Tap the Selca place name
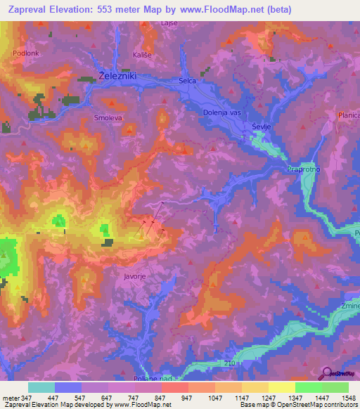pyautogui.click(x=187, y=82)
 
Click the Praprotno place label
pyautogui.click(x=304, y=169)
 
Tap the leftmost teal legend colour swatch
pyautogui.click(x=41, y=387)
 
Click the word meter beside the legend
pyautogui.click(x=10, y=398)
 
